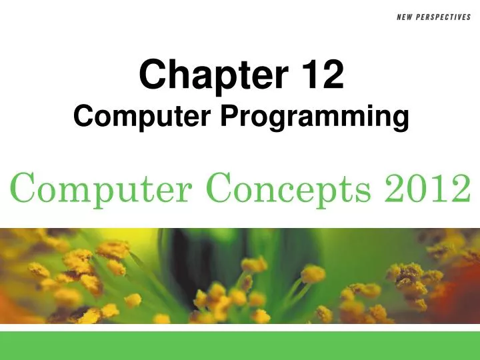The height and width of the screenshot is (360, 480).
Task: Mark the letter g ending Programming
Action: tap(400, 121)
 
